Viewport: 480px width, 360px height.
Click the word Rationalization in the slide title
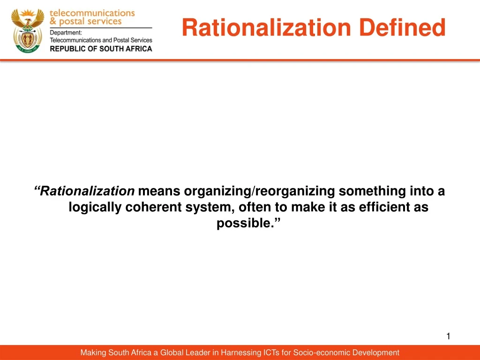[266, 28]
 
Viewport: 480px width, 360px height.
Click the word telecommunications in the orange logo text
[92, 13]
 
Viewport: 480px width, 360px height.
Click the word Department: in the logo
[66, 32]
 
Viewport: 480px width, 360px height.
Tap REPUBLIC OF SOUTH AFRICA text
[101, 48]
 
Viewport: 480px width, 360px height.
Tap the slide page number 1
[448, 336]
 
